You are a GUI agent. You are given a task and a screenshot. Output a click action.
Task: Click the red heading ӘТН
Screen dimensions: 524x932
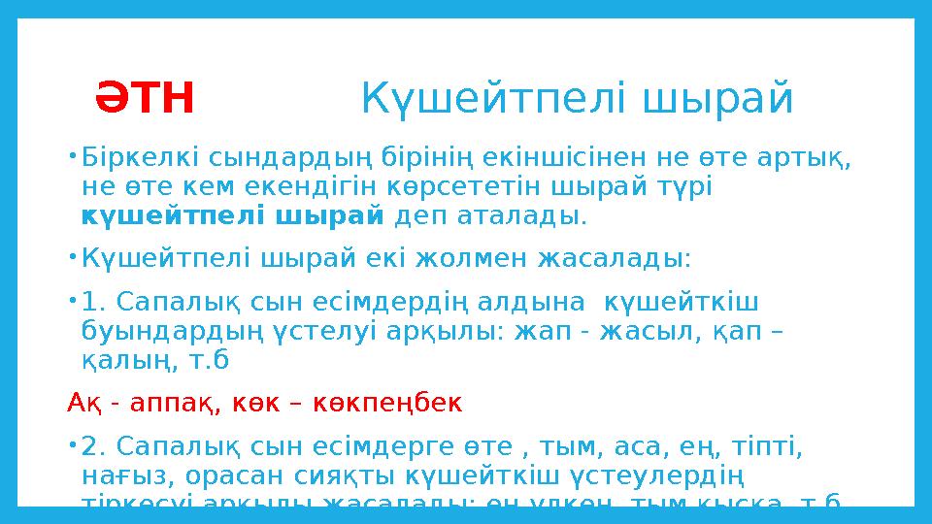point(145,98)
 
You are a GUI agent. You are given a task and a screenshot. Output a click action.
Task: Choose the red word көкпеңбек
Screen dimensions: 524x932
point(394,401)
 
